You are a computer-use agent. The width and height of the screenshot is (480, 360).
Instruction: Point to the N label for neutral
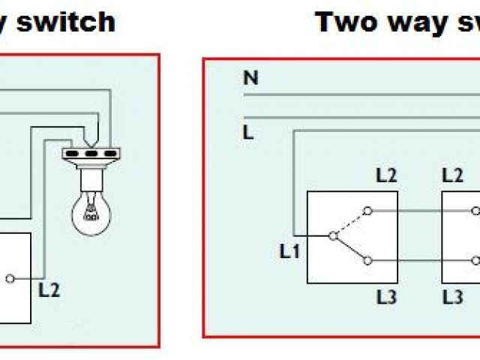250,78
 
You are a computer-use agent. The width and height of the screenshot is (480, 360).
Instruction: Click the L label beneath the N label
247,133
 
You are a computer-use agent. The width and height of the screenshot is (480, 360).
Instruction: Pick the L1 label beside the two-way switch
289,251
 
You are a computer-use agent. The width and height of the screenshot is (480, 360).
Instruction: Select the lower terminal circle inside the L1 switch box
367,260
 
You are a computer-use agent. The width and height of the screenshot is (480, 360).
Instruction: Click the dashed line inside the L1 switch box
349,223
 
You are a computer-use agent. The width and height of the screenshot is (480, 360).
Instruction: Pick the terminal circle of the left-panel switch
9,279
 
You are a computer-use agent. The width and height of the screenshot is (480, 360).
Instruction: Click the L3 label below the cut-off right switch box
453,296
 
